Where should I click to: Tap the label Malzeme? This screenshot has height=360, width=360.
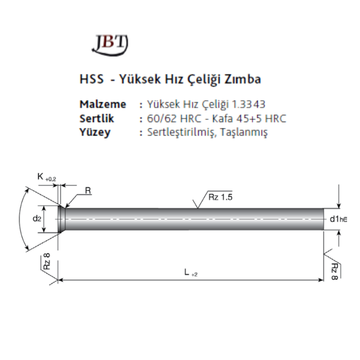click(x=103, y=104)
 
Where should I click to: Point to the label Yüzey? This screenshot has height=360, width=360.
click(x=95, y=133)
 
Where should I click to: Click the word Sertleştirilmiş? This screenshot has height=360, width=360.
click(x=183, y=133)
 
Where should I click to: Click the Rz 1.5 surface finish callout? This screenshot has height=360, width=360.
click(x=219, y=197)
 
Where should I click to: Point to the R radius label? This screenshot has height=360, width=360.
click(x=88, y=191)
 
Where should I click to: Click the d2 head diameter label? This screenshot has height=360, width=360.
click(x=36, y=219)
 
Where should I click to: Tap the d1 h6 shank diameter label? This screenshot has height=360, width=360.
click(x=338, y=219)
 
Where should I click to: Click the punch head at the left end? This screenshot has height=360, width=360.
click(x=62, y=219)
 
